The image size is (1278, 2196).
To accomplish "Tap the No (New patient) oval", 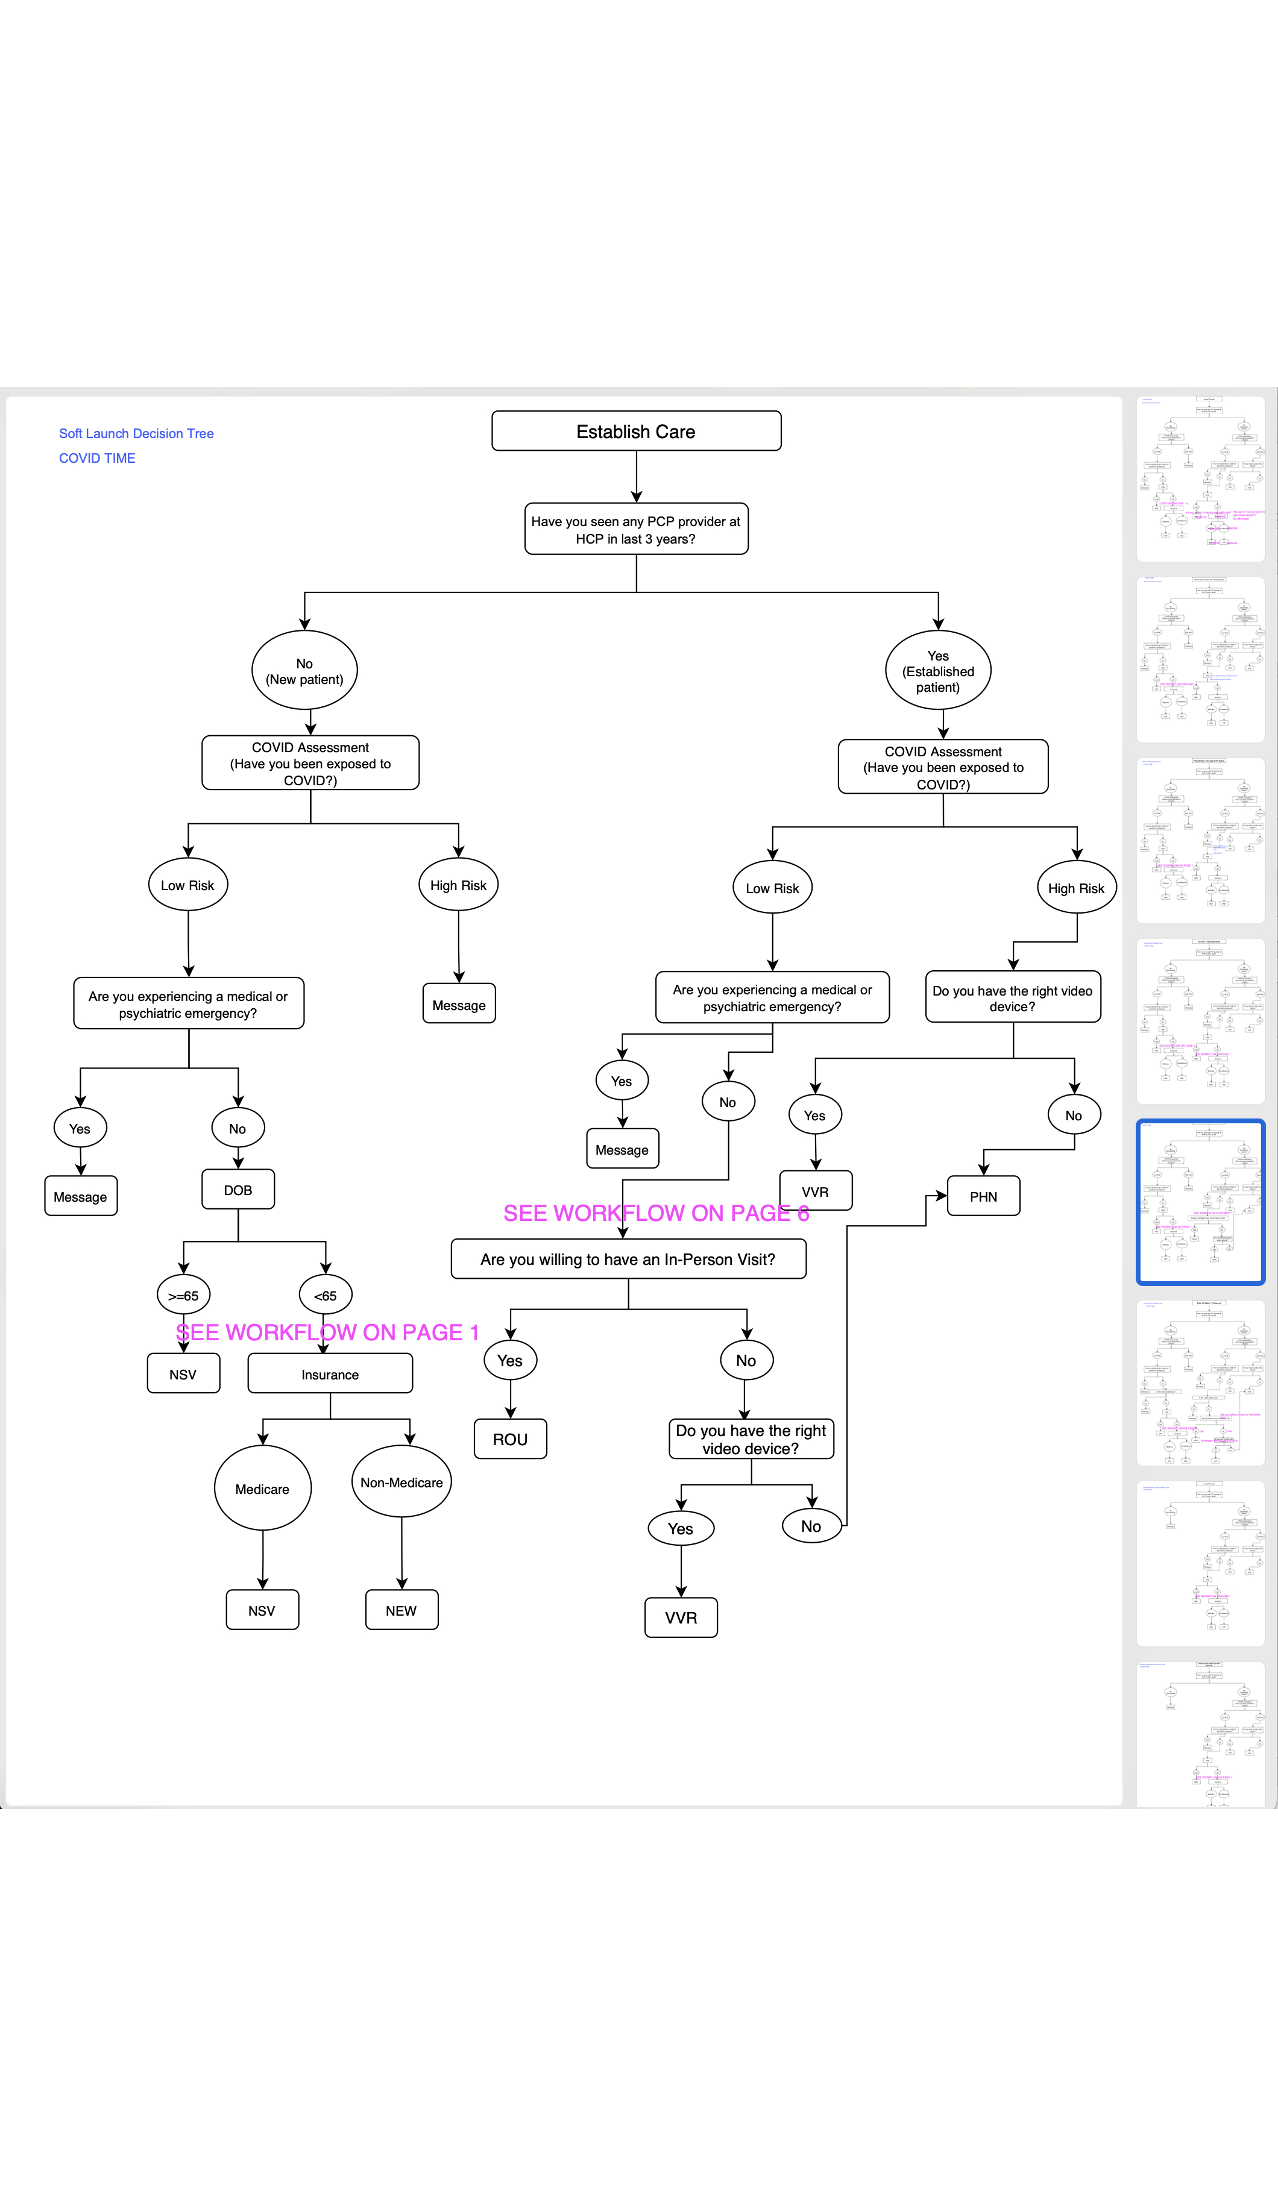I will click(304, 671).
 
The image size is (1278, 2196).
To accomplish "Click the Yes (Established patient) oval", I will click(938, 671).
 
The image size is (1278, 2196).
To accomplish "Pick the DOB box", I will click(238, 1190).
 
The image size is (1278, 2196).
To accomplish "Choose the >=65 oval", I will click(183, 1296).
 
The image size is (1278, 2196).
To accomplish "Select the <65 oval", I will click(325, 1296).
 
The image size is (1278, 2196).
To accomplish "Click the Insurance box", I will click(330, 1374).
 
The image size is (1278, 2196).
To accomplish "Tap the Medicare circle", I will click(262, 1489).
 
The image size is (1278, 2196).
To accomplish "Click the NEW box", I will click(401, 1610).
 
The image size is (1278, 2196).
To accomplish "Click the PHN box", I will click(983, 1196).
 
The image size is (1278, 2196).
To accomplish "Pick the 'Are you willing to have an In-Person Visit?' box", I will click(628, 1260).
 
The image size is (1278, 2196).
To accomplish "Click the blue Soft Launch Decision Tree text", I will click(136, 433).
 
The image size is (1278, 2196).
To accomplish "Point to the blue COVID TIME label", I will click(97, 459).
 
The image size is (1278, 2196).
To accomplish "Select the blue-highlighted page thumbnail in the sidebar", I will click(1200, 1203).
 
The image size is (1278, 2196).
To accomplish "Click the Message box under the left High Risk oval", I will click(459, 1005).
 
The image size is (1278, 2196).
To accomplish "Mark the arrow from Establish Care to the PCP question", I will click(637, 477).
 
